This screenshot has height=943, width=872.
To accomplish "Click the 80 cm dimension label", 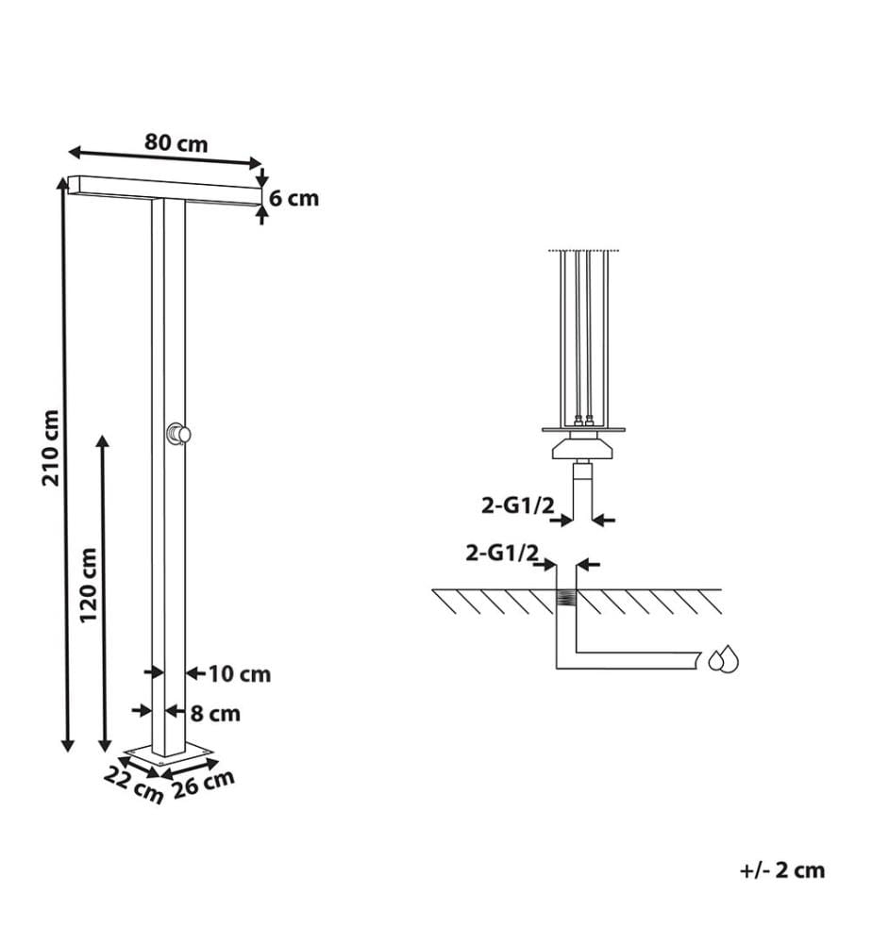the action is tap(176, 143).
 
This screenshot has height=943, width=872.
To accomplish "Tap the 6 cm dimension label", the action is tap(293, 198).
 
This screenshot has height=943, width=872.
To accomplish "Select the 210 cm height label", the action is tap(51, 448).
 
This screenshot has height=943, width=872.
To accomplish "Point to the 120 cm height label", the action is tap(88, 586).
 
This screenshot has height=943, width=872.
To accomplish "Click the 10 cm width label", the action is tap(240, 674).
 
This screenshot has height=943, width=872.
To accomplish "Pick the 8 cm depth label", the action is tap(215, 714).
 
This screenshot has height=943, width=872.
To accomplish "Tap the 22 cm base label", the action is tap(133, 786).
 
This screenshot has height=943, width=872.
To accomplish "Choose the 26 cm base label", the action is tap(204, 785).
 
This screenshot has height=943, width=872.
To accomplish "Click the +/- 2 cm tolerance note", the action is tap(781, 869).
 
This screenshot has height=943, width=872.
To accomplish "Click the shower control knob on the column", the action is tap(178, 433).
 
